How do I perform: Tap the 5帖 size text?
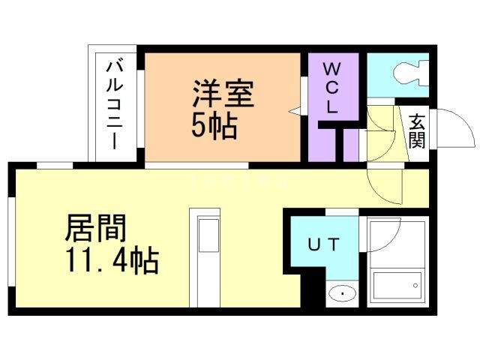point(214,126)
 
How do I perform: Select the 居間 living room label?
point(96,228)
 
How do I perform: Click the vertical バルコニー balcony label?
point(113,105)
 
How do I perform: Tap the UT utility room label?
point(325,244)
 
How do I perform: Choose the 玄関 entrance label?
point(417,129)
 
